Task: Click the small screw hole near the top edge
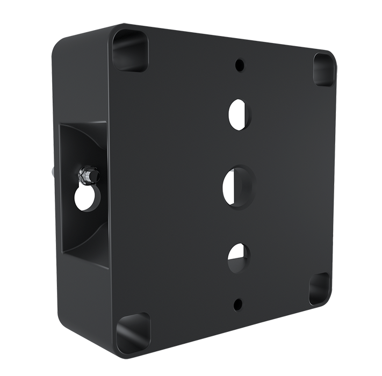tap(239, 66)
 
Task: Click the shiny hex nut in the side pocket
tap(86, 175)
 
